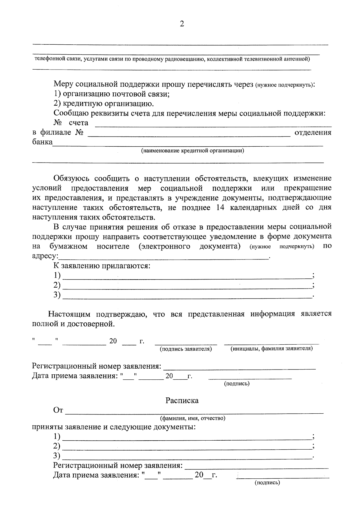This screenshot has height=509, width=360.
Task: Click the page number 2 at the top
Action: coord(181,24)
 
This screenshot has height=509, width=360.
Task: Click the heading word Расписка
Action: coord(182,401)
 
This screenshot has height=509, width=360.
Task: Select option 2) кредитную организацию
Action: coord(104,104)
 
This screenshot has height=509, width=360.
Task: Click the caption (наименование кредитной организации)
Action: coord(193,151)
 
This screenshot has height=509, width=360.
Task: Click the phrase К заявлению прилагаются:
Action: coord(102,266)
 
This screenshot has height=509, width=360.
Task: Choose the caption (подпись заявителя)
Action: coord(186,349)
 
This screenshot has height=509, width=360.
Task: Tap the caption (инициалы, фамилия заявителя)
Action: coord(271,349)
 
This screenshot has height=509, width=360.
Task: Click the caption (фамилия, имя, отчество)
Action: coord(193,418)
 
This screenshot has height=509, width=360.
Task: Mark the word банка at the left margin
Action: coord(42,142)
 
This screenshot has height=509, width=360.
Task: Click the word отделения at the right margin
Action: coord(313,133)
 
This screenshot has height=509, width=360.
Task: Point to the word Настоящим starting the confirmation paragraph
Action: coord(69,314)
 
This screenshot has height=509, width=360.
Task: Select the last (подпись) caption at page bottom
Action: coord(267,483)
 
